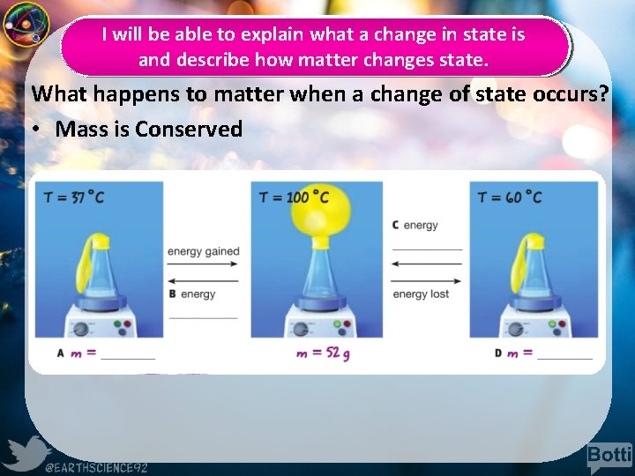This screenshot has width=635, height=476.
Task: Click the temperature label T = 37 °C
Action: point(74,197)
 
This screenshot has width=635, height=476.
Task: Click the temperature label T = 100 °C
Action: point(294,197)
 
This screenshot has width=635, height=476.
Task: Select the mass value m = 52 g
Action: point(323,353)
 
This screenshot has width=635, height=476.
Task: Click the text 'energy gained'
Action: point(203,251)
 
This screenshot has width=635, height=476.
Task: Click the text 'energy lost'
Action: point(421,294)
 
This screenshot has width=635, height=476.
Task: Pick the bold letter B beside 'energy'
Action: point(172,294)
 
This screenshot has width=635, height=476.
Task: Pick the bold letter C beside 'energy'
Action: point(395,226)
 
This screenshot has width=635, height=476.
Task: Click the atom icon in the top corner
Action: point(25,25)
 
